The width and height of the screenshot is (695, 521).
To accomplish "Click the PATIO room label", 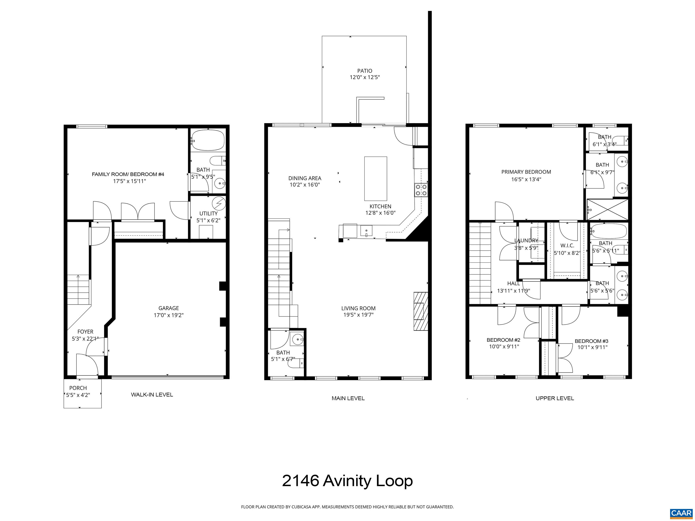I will pyautogui.click(x=364, y=71).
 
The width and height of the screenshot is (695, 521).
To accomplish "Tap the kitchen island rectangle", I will pyautogui.click(x=376, y=178).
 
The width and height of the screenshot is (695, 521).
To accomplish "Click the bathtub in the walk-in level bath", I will pyautogui.click(x=208, y=140).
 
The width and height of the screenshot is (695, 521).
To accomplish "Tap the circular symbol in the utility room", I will pyautogui.click(x=219, y=203).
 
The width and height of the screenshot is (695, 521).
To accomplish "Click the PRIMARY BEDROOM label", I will pyautogui.click(x=526, y=172).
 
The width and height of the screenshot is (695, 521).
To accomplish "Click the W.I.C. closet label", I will pyautogui.click(x=567, y=246).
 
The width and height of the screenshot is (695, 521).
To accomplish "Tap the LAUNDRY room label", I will pyautogui.click(x=526, y=241).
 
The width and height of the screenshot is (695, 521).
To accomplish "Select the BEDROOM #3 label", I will pyautogui.click(x=591, y=341).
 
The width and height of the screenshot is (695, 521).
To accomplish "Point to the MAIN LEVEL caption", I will pyautogui.click(x=348, y=398).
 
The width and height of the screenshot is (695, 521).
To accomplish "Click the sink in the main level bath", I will pyautogui.click(x=297, y=339).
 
